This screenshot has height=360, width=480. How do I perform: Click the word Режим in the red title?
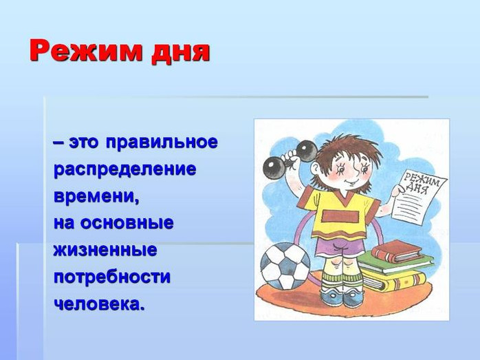86,51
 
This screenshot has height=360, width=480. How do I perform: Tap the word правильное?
162,143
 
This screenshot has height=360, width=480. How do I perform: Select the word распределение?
125,170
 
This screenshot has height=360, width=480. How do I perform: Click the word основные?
127,223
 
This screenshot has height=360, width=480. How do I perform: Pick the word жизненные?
105,250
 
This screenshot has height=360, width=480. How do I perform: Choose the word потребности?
111,277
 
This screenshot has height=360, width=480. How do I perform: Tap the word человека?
98,304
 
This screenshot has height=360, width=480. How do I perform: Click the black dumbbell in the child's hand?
290,159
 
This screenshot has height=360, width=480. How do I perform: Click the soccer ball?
285,266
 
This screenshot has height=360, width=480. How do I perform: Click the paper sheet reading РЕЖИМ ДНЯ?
419,195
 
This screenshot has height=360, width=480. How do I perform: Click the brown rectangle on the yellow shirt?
340,216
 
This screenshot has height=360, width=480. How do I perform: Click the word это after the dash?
84,143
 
